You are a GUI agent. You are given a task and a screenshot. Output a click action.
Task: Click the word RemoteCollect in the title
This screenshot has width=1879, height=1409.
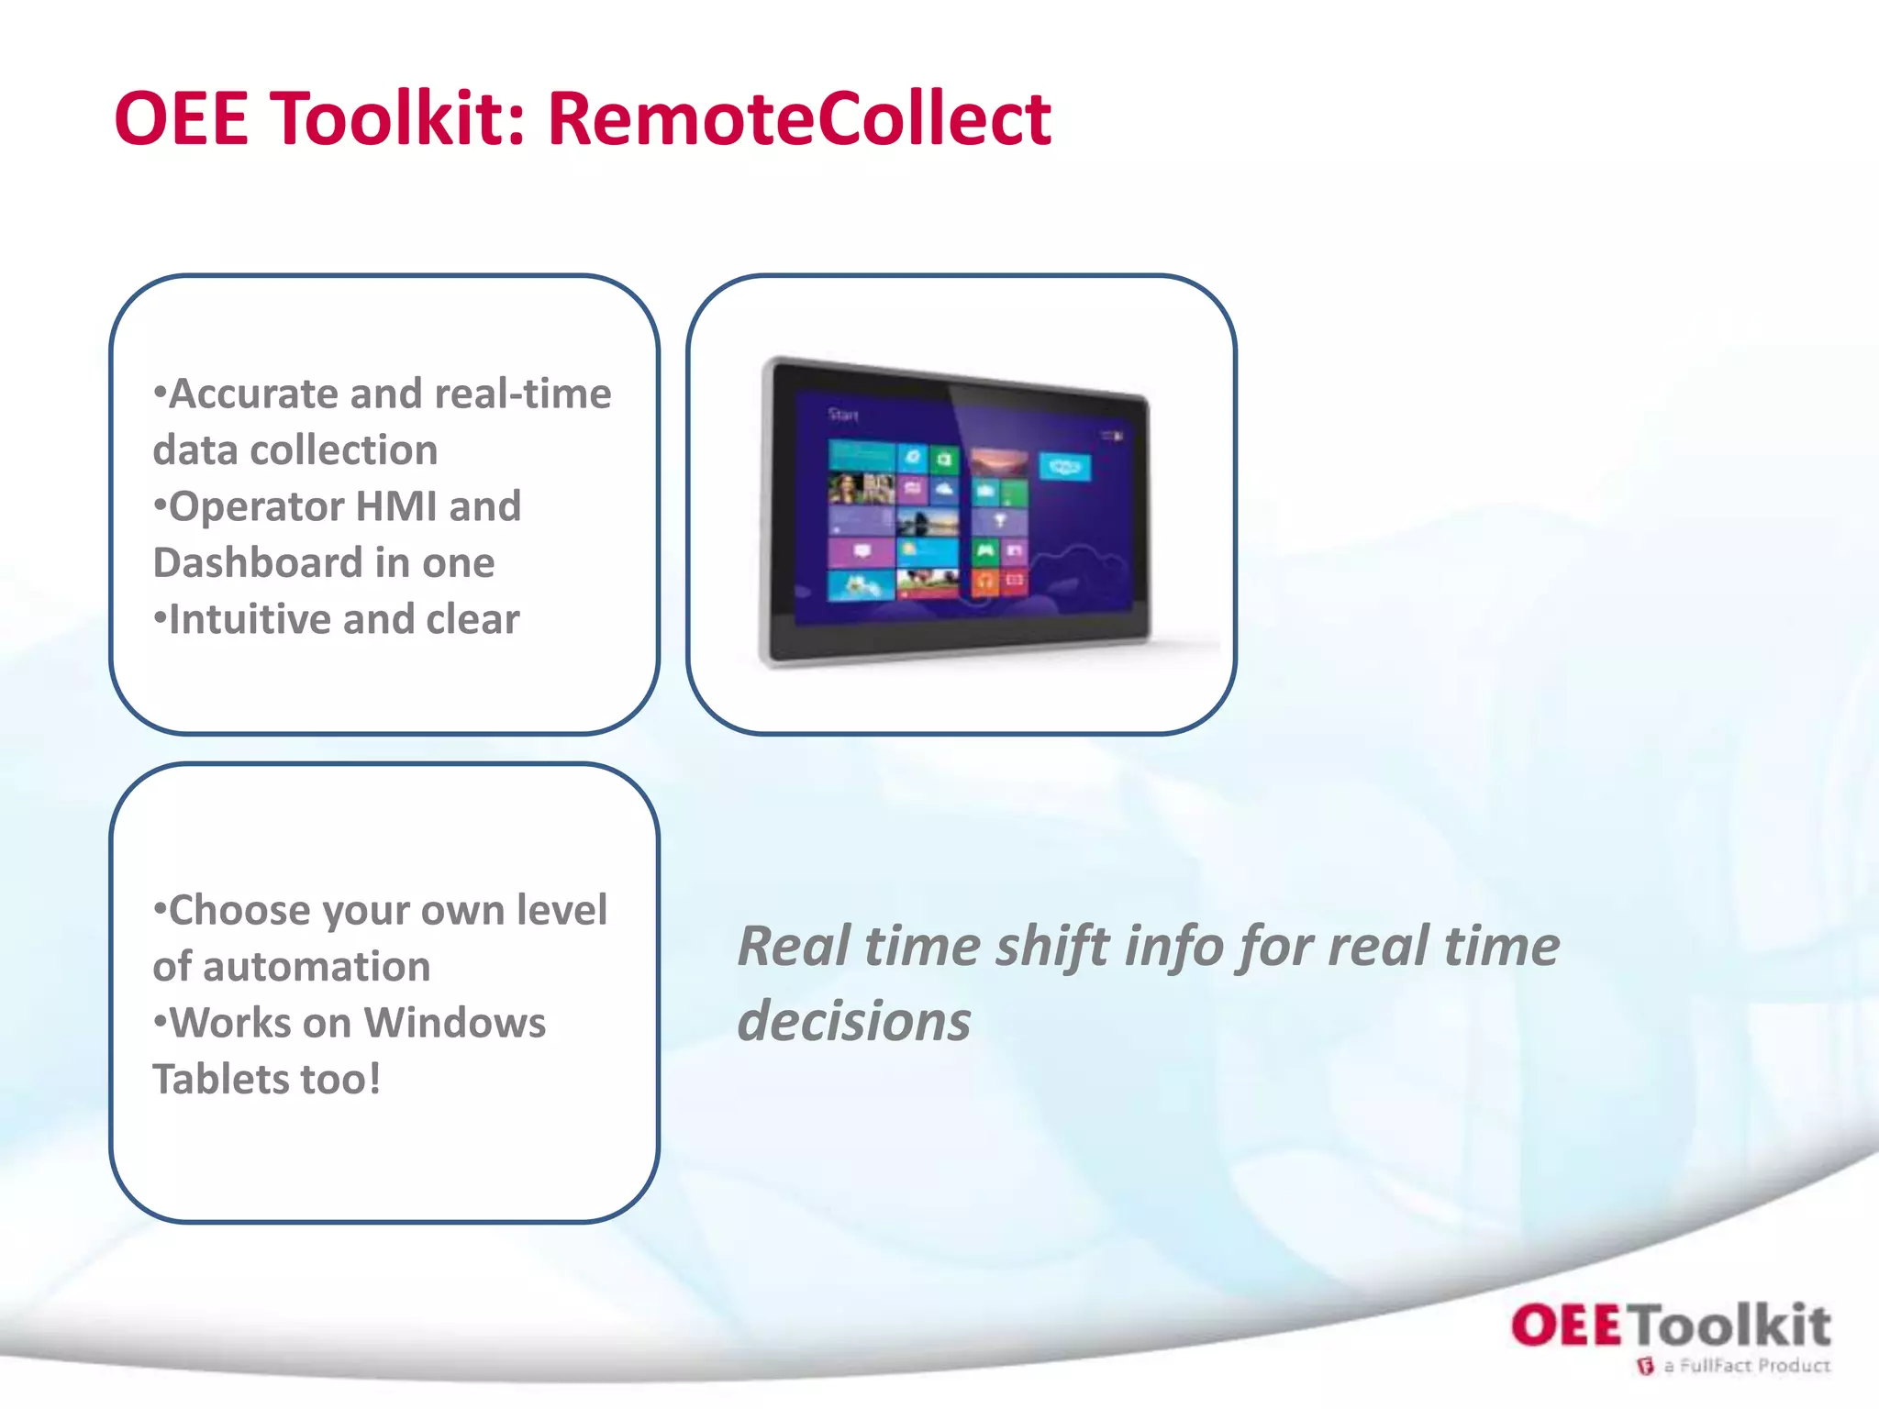(x=798, y=119)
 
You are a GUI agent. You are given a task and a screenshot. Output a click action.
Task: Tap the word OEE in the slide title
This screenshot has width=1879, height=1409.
(x=181, y=119)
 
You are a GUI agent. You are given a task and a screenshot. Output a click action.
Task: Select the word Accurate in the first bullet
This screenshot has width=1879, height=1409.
(x=252, y=394)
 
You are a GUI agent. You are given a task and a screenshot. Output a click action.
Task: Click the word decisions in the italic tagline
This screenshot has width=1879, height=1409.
(x=853, y=1021)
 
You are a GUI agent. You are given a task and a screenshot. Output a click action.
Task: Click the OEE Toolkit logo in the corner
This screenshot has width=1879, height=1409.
(x=1670, y=1326)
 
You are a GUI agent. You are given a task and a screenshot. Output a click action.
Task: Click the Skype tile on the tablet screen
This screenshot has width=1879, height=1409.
(x=1064, y=467)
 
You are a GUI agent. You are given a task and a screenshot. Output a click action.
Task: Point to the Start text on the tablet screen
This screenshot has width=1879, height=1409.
(x=842, y=415)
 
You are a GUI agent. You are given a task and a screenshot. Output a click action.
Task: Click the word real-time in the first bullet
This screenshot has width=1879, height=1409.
(x=523, y=394)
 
